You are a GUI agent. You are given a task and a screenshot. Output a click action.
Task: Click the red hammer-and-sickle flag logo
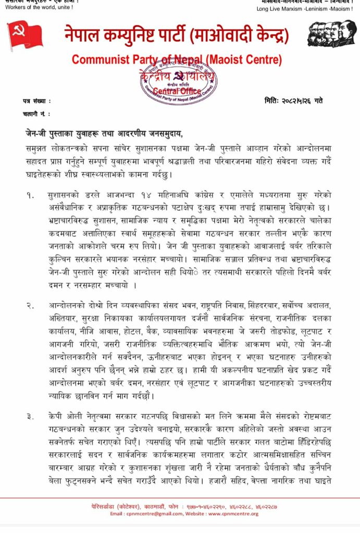(25, 35)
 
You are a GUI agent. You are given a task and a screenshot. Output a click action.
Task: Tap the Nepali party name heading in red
(177, 35)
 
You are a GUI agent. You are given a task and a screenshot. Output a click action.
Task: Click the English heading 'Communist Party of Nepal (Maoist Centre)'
(177, 59)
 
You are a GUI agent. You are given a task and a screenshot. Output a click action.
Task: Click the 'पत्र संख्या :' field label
(36, 101)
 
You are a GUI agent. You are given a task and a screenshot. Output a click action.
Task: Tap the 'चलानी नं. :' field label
(36, 113)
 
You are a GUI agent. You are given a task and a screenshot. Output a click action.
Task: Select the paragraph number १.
(31, 195)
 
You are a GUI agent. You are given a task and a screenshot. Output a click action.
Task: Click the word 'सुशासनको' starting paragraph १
(64, 195)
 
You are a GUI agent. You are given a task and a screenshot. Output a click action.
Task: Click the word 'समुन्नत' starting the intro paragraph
(40, 148)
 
